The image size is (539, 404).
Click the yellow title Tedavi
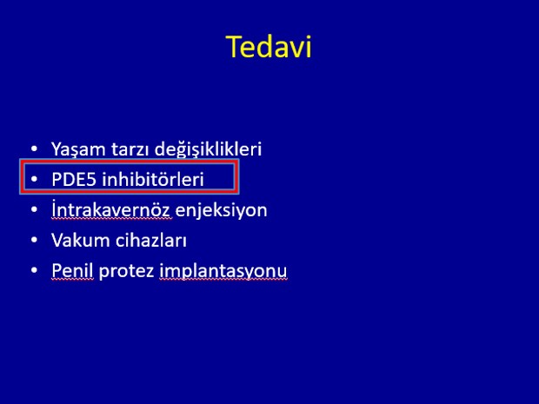(x=269, y=46)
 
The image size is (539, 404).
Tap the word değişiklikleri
(x=209, y=149)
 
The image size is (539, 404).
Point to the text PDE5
(x=74, y=179)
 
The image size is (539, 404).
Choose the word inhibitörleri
(x=153, y=179)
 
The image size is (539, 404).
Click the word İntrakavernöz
(x=110, y=209)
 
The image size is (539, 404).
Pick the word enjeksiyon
(x=222, y=210)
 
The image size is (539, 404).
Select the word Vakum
(x=81, y=240)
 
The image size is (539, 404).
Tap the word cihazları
(x=151, y=240)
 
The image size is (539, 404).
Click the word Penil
(x=72, y=270)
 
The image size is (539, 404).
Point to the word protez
(x=126, y=271)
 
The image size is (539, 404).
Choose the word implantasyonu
(x=223, y=271)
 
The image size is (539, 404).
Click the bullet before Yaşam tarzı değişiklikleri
(x=34, y=149)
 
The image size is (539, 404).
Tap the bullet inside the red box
(x=34, y=179)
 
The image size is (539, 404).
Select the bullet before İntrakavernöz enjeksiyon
(x=34, y=209)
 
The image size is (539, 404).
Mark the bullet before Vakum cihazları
(x=34, y=240)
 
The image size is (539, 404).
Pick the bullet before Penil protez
(x=34, y=269)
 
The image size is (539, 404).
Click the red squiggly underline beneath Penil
(x=72, y=280)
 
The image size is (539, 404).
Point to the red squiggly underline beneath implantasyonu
(x=223, y=280)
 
